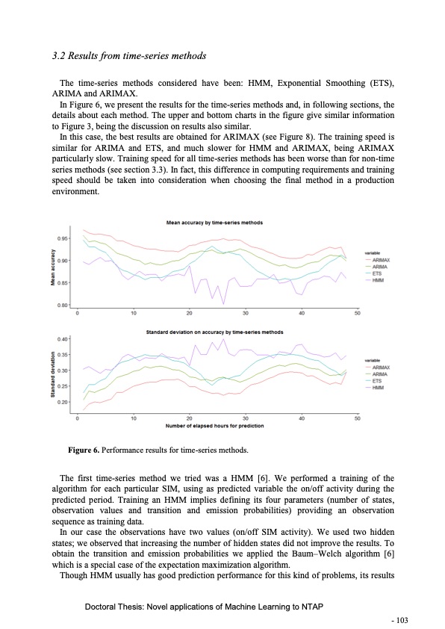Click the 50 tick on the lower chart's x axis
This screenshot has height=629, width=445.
point(358,419)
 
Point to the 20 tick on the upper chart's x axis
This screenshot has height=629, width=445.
point(190,312)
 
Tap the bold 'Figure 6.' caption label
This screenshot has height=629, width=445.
point(84,452)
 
